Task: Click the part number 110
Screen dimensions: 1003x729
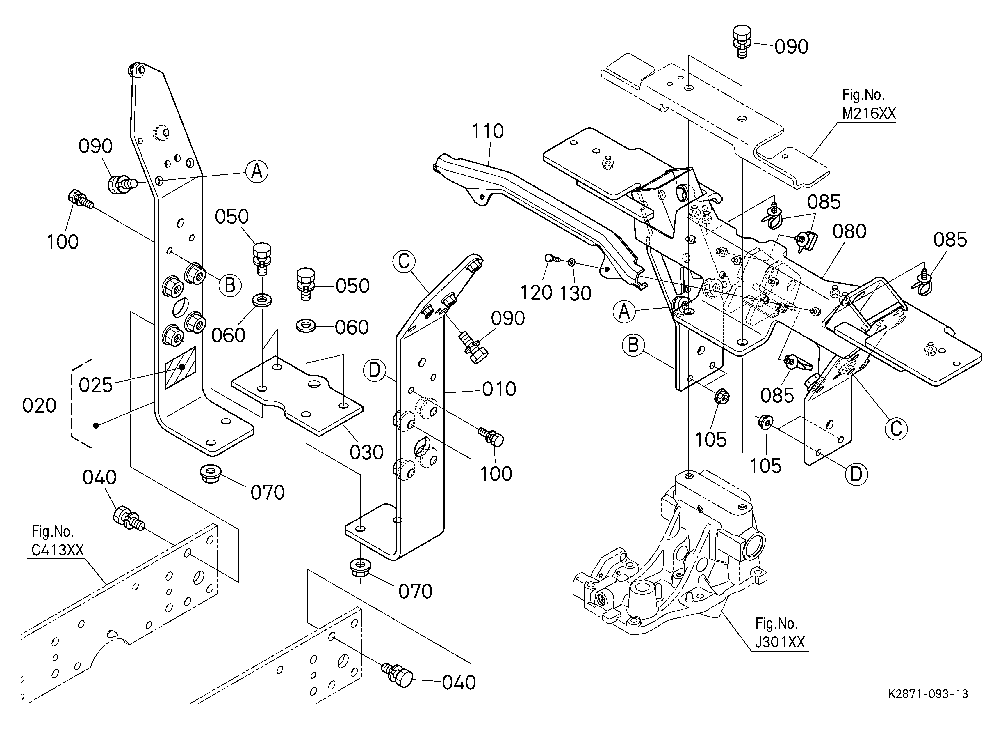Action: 487,132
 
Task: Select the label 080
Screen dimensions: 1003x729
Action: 849,231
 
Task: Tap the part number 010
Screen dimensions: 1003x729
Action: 499,389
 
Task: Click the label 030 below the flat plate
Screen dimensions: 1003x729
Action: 366,452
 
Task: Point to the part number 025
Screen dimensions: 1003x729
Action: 95,385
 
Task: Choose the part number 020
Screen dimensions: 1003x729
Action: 39,406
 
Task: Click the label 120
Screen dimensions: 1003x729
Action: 536,293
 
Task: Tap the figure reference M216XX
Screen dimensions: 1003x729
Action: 869,114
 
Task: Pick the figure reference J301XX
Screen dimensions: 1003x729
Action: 780,642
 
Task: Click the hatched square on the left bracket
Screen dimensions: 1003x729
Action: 180,368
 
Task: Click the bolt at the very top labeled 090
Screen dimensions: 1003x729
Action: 742,39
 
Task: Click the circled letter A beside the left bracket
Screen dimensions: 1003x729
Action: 257,171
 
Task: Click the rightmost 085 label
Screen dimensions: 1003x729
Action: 950,240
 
